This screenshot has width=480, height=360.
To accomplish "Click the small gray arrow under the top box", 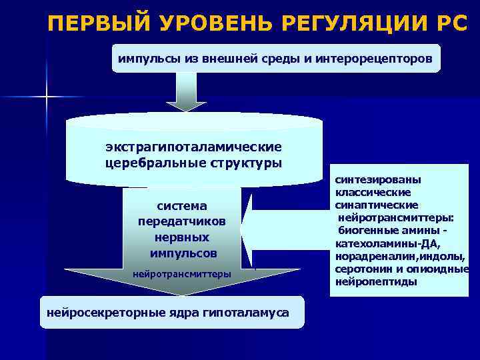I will pyautogui.click(x=186, y=91).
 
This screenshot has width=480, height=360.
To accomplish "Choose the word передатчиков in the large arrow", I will pyautogui.click(x=182, y=221).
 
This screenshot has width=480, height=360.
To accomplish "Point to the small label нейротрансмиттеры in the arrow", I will pyautogui.click(x=182, y=274).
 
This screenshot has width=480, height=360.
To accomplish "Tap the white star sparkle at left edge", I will pyautogui.click(x=47, y=99).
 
